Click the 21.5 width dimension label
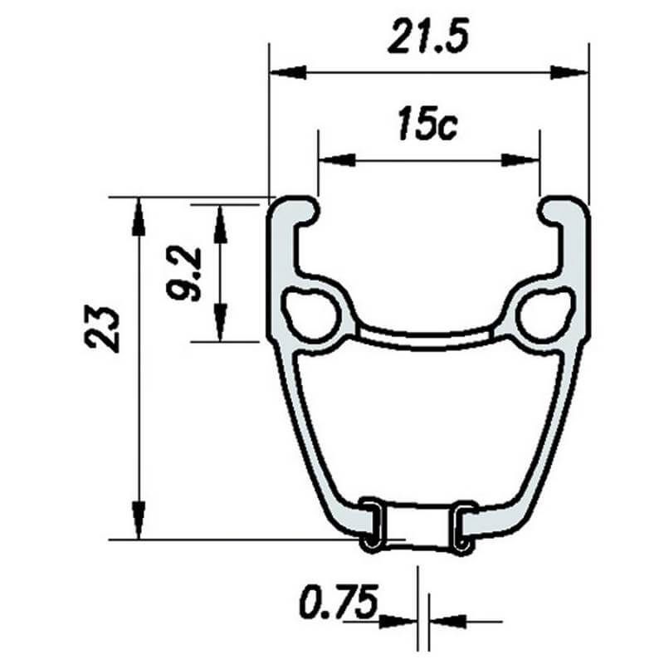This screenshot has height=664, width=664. [x=427, y=37]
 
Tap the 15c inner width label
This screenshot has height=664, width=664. [x=427, y=124]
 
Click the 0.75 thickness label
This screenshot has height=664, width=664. [x=339, y=602]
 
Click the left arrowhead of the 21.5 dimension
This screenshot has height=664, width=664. [x=288, y=72]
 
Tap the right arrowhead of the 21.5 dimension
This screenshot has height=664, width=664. [x=569, y=72]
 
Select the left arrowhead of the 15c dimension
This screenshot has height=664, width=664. [x=337, y=160]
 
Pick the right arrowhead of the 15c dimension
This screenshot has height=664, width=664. [x=521, y=160]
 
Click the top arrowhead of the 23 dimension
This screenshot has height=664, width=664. [x=139, y=217]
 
